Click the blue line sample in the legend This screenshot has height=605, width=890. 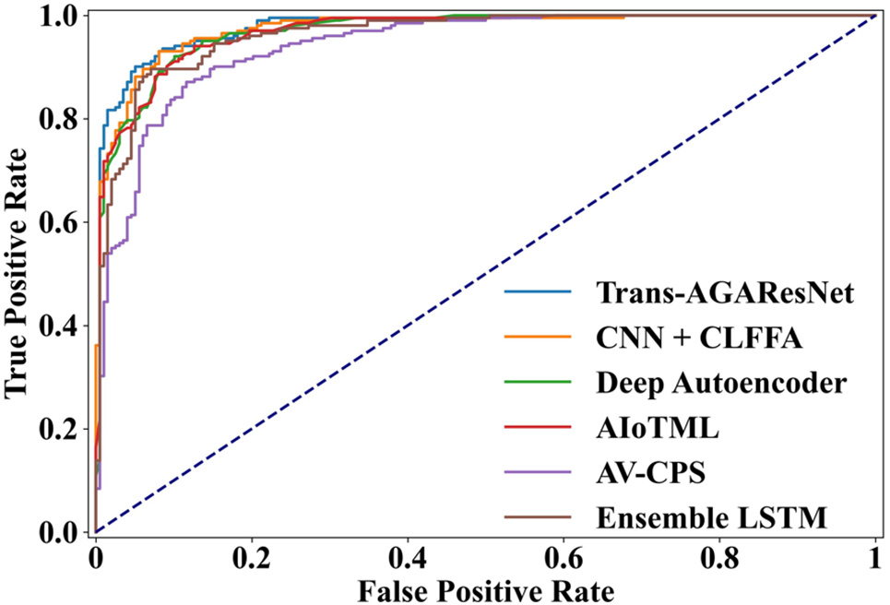click(537, 294)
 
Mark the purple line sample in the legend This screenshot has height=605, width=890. click(537, 473)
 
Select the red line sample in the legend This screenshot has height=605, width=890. click(537, 428)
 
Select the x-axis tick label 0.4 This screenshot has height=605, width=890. click(408, 556)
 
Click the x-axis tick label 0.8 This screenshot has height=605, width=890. click(719, 556)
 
